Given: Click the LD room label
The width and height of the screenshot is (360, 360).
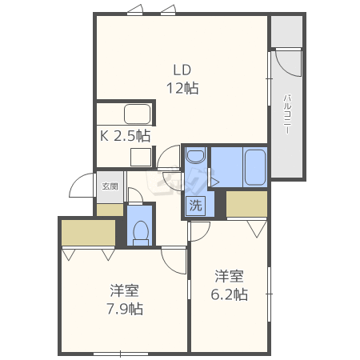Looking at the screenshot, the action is (182, 70).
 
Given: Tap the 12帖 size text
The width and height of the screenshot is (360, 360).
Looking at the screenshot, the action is (182, 88).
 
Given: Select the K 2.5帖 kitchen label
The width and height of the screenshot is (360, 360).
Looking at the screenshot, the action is (126, 136).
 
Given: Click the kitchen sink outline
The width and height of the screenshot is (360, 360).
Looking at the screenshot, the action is (138, 114).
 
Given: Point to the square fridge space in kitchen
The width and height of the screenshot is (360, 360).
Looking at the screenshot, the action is (141, 157).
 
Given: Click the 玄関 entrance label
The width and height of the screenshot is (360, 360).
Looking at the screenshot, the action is (110, 186).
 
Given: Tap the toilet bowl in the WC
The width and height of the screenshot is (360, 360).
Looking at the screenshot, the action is (141, 232).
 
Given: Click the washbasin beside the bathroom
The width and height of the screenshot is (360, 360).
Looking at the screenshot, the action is (196, 155).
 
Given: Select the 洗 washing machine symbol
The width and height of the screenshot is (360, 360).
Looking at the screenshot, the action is (196, 206).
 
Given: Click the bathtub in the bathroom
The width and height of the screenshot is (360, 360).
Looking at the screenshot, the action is (255, 167).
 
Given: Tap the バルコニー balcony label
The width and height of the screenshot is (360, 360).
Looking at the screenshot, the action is (287, 114).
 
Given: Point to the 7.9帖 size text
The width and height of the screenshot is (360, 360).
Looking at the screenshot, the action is (125, 309).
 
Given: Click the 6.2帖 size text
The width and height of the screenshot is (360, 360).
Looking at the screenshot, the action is (230, 294).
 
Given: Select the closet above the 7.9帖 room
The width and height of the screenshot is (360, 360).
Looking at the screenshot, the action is (88, 233).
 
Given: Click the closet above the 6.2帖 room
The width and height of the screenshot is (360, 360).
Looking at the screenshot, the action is (246, 204).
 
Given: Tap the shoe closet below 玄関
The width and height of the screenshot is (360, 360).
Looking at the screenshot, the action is (110, 210).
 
